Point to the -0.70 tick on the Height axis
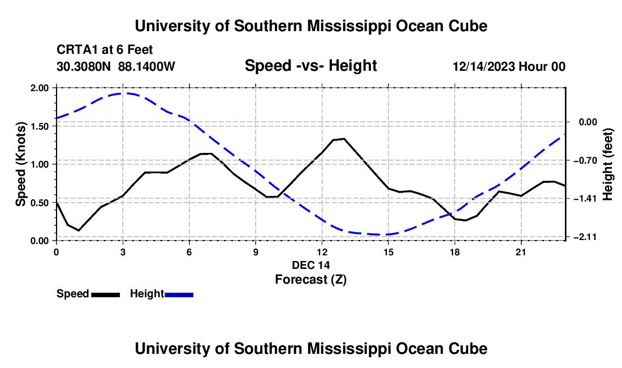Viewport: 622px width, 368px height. click(x=588, y=160)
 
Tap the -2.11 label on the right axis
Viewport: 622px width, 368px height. click(x=588, y=237)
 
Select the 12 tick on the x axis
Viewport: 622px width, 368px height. click(x=322, y=252)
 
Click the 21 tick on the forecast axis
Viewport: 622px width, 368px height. click(x=521, y=252)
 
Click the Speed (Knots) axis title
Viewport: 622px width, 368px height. click(x=20, y=164)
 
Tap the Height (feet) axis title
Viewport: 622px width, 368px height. click(x=608, y=164)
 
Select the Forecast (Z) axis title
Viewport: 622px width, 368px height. click(x=311, y=280)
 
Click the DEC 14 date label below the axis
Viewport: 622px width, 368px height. click(x=311, y=265)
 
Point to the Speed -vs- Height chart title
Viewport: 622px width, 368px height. click(x=311, y=66)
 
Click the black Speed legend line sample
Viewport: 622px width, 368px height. click(x=106, y=294)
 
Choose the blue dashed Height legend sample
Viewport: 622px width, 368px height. click(x=179, y=294)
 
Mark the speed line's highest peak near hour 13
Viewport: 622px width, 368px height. click(x=344, y=139)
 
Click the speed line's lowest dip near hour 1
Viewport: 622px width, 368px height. click(x=79, y=230)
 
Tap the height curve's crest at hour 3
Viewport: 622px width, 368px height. click(x=123, y=93)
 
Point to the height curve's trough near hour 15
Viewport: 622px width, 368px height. click(x=377, y=234)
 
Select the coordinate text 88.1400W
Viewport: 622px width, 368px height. click(x=146, y=66)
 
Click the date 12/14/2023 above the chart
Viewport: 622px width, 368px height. click(x=483, y=66)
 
